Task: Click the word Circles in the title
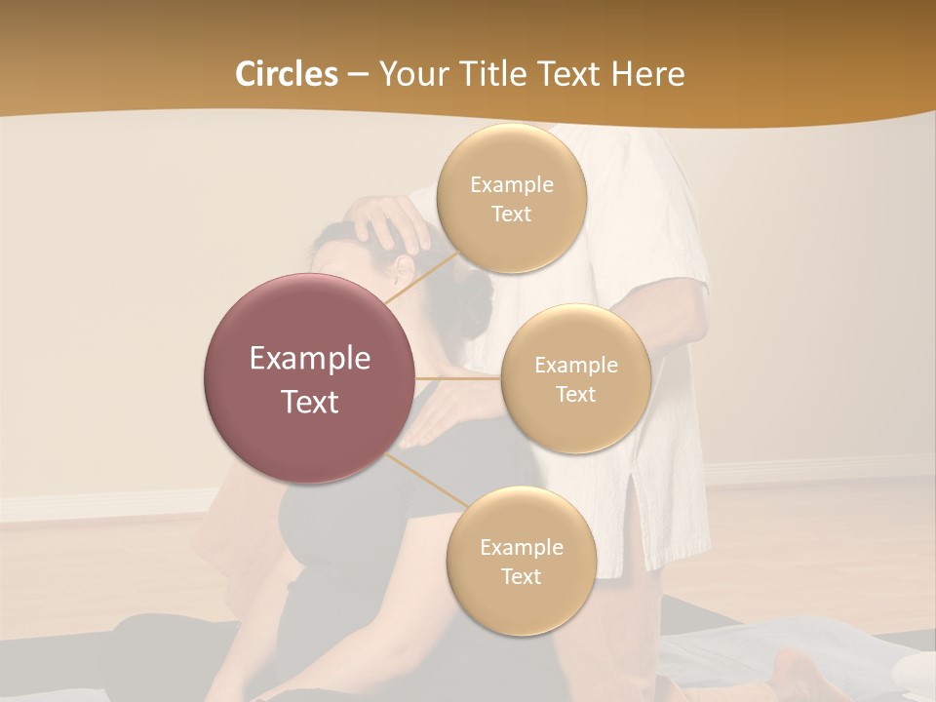[x=286, y=74]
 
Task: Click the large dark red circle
[x=309, y=378]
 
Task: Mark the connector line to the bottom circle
[x=424, y=481]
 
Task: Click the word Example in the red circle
[x=309, y=359]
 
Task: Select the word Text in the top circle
[x=511, y=214]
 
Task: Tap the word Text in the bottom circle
[x=521, y=576]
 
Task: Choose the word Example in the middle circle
[x=575, y=365]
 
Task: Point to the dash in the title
[x=358, y=75]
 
